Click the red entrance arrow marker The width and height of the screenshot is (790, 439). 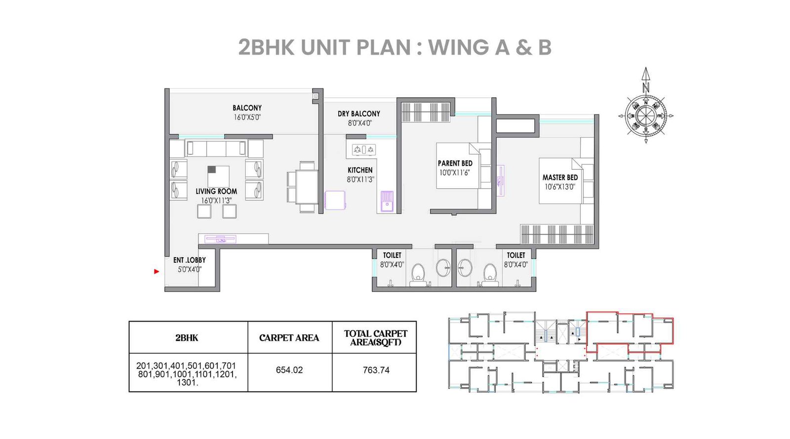click(157, 271)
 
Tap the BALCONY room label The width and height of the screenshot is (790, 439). click(247, 108)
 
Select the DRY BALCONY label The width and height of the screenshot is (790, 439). click(359, 114)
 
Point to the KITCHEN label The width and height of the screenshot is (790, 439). click(360, 170)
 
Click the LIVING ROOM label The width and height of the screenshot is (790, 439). click(216, 191)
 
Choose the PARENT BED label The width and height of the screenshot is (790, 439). click(455, 163)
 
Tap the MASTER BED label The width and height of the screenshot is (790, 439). click(560, 177)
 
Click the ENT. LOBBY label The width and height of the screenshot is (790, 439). click(190, 260)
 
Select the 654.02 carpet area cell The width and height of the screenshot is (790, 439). click(289, 370)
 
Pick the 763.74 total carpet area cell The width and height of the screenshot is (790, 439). click(376, 370)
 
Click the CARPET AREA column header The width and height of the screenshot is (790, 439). click(289, 338)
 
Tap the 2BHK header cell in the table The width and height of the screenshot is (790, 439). click(187, 338)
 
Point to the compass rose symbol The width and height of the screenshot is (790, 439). click(645, 116)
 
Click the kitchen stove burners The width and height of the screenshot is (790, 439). click(363, 149)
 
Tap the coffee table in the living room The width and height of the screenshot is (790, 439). click(218, 176)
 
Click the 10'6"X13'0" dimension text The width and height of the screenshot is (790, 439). click(560, 187)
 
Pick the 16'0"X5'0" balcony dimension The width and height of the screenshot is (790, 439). click(247, 118)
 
